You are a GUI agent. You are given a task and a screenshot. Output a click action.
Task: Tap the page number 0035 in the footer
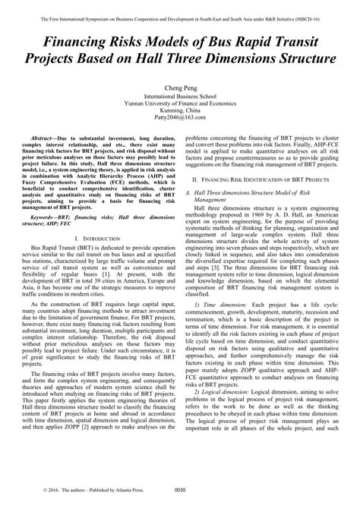(x=180, y=500)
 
